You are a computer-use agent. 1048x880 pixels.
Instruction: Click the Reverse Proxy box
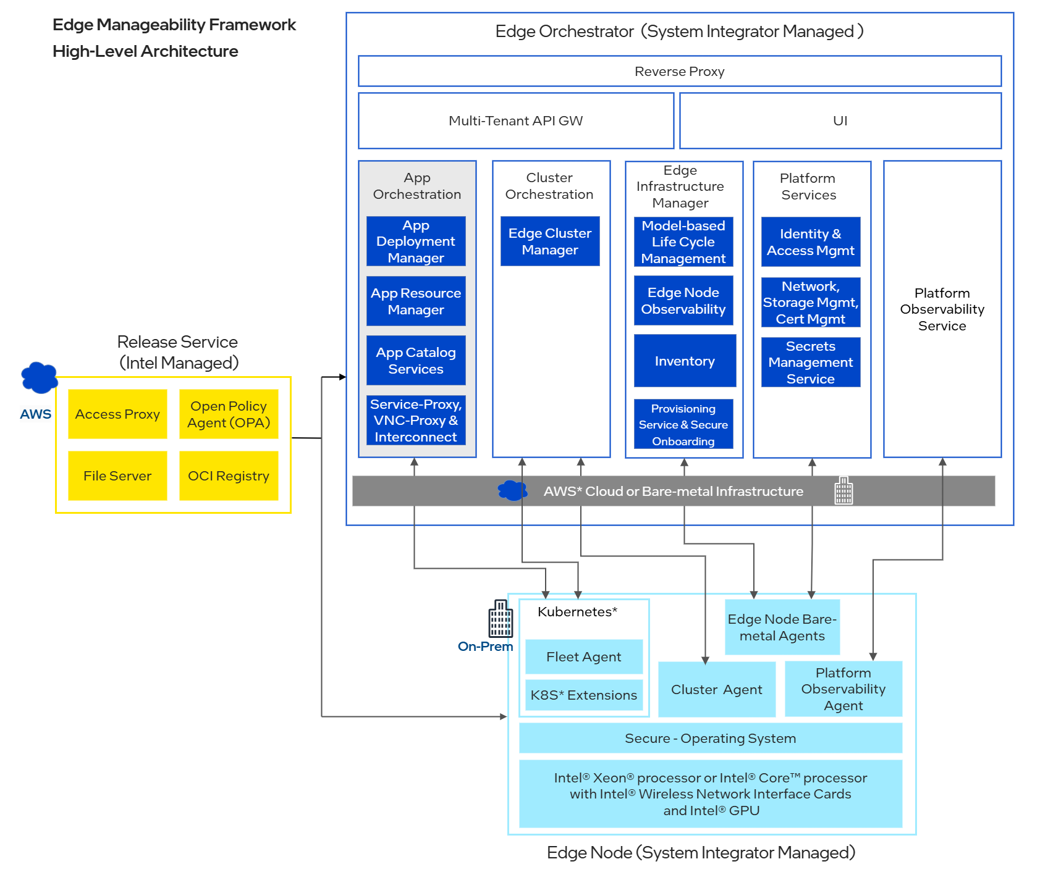point(679,71)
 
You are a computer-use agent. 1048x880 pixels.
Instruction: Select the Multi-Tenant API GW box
point(515,120)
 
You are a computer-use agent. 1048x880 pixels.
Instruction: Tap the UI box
point(840,120)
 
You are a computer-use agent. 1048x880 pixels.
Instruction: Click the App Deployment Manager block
point(416,241)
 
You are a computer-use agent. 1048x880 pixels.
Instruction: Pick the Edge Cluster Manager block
point(550,241)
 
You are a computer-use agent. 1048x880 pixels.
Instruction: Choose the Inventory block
point(685,361)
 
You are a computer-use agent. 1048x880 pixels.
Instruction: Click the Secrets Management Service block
point(810,362)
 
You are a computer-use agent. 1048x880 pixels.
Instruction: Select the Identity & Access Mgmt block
point(810,242)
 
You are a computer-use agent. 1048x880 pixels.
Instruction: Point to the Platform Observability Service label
point(942,309)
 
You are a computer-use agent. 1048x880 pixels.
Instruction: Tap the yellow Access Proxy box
point(117,414)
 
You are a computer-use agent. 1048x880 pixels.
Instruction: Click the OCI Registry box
point(229,476)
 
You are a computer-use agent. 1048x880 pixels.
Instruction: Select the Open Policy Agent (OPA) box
point(229,414)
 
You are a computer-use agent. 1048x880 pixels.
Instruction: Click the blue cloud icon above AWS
point(39,377)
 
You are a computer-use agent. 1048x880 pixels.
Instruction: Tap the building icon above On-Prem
point(501,619)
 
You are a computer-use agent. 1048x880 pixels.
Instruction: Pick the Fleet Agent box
point(583,656)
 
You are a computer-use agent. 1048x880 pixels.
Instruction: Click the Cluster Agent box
point(716,689)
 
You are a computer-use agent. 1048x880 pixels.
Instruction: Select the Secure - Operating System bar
point(710,738)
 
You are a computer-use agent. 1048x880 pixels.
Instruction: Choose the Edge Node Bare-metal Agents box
point(782,627)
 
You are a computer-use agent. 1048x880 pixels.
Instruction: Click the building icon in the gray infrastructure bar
point(843,490)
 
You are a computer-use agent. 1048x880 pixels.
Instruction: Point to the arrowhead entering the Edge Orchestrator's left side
point(342,377)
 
